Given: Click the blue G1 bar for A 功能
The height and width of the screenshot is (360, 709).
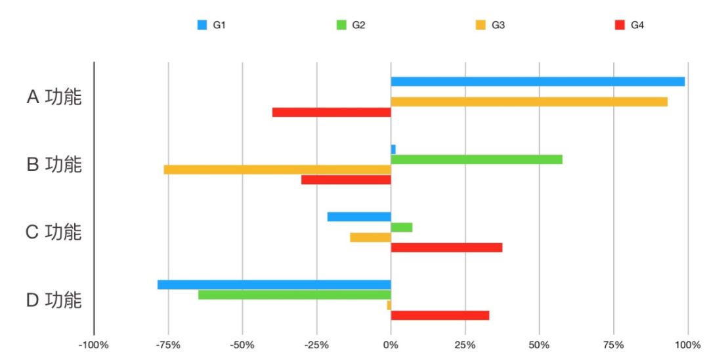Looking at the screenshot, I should tap(538, 81).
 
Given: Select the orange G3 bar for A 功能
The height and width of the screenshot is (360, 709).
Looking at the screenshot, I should tap(529, 102).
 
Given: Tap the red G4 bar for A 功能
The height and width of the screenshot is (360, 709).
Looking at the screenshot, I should tap(332, 112).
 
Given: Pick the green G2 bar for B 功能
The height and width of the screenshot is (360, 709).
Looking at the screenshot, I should tap(477, 160).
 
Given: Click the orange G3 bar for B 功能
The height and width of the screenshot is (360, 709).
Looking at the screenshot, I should tap(277, 169).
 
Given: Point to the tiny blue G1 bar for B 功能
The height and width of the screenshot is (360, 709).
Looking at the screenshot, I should tap(393, 149).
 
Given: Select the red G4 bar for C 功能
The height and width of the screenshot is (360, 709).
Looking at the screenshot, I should tap(446, 248).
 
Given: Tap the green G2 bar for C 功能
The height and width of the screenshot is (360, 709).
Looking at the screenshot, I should tap(402, 227).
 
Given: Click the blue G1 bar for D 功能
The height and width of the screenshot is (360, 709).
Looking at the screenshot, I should tap(274, 284).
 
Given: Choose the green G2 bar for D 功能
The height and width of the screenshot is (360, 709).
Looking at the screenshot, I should tap(295, 295).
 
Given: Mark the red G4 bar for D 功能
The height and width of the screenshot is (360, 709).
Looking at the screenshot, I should tap(440, 315).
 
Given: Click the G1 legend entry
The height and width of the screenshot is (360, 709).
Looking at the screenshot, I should tap(212, 26).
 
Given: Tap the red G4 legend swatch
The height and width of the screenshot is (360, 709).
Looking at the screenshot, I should tap(619, 26).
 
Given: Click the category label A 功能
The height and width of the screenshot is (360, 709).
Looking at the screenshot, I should tap(54, 97).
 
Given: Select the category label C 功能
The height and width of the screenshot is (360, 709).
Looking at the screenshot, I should tap(54, 233).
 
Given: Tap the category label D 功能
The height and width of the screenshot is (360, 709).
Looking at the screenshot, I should tap(54, 300).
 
